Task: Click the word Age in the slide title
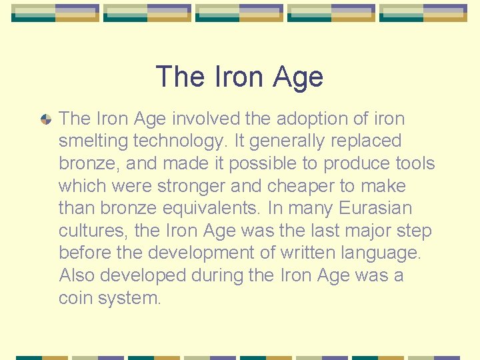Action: [297, 77]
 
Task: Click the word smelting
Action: [93, 141]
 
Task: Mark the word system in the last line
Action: [129, 298]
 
